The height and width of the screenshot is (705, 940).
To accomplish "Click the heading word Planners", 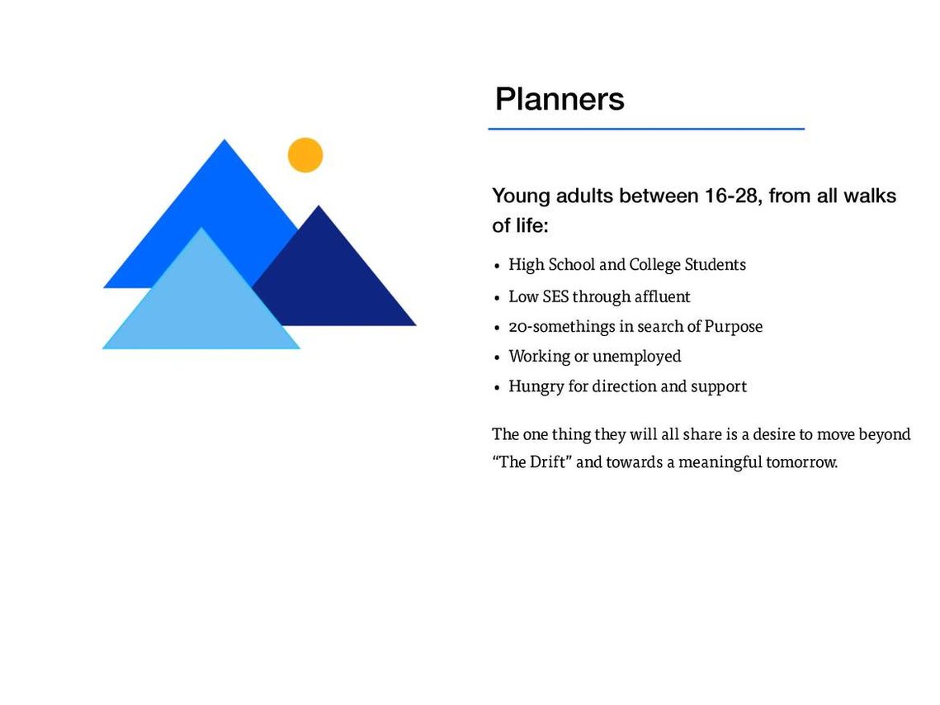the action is [560, 99].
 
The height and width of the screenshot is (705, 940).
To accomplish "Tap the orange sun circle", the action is [305, 154].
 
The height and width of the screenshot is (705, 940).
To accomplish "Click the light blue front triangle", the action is [201, 300].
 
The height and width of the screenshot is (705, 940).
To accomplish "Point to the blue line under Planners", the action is [646, 128].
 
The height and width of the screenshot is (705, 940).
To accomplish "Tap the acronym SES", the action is [555, 296].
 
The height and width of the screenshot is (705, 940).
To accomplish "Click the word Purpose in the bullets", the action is [733, 327].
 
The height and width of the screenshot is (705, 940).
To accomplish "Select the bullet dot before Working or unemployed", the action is [497, 358].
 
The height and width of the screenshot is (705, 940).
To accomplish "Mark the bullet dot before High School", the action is [497, 266].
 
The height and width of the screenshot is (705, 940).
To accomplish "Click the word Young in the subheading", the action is [521, 196].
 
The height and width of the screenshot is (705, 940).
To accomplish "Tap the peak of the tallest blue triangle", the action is [224, 140].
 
